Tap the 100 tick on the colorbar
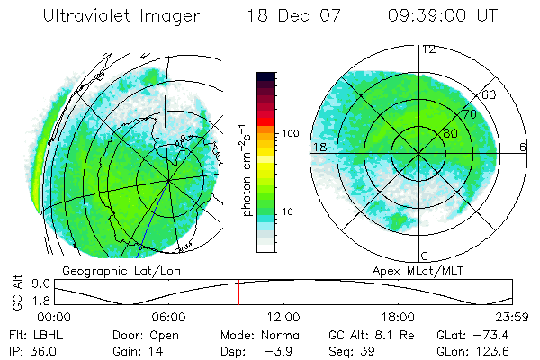point(290,133)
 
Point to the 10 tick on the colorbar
point(288,212)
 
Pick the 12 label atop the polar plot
point(429,49)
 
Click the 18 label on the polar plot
point(319,147)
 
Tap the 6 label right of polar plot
point(523,147)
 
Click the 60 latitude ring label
point(490,94)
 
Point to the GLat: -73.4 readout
point(474,333)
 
